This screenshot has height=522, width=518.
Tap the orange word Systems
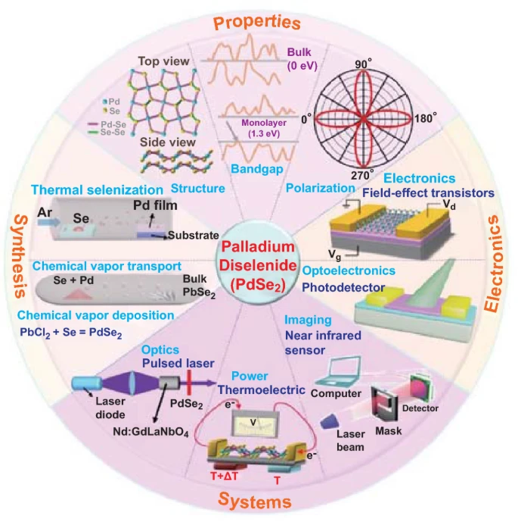point(259,501)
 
